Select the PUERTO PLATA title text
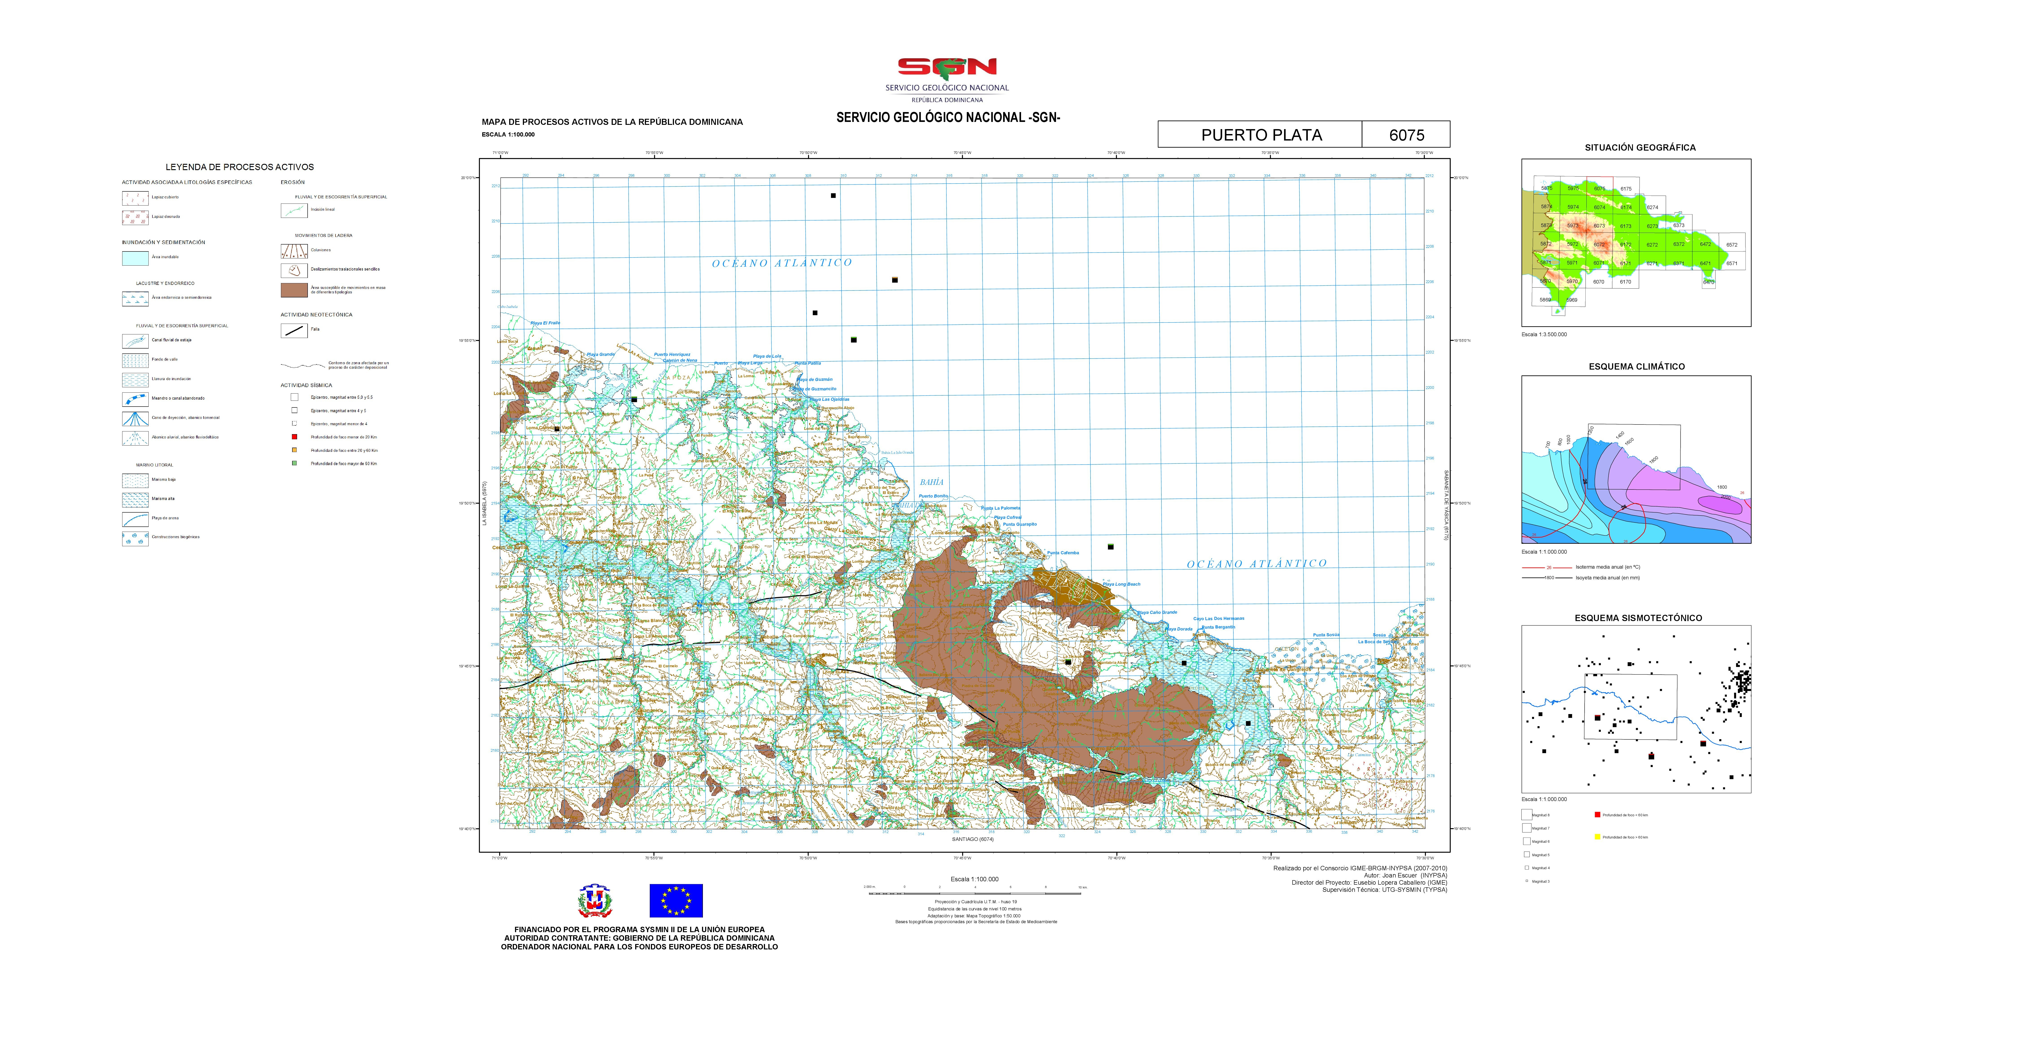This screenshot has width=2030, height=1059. tap(1261, 135)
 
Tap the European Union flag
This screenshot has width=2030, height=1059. tap(675, 900)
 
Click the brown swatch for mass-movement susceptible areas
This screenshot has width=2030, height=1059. tap(294, 290)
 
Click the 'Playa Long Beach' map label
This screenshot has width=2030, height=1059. tap(1121, 584)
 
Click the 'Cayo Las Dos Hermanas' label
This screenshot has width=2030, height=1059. tap(1218, 619)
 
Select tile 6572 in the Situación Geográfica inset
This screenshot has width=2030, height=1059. tap(1731, 244)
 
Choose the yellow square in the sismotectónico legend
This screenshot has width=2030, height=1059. tap(1597, 837)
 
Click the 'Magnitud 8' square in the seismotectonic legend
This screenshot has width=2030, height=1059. tap(1526, 815)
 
